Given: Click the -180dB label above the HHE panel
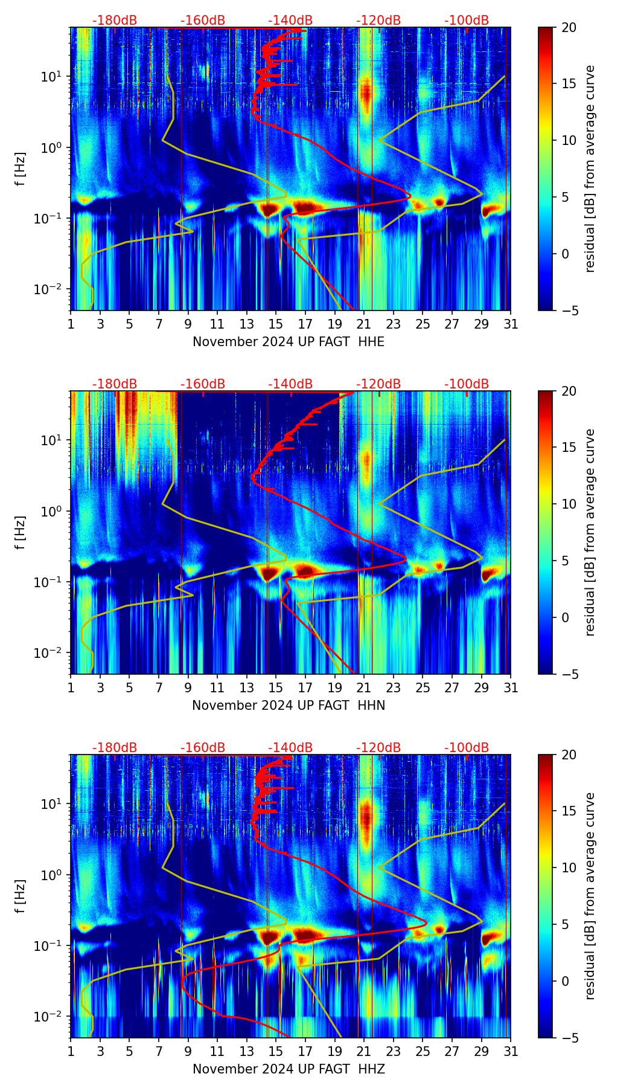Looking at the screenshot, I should pyautogui.click(x=115, y=21).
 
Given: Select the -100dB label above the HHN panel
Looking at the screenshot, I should pyautogui.click(x=467, y=384).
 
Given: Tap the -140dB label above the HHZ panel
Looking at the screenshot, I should pyautogui.click(x=290, y=748).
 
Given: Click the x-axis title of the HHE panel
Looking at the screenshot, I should pyautogui.click(x=289, y=342).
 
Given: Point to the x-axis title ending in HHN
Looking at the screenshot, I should pyautogui.click(x=289, y=706).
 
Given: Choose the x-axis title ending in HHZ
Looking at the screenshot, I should pyautogui.click(x=289, y=1069).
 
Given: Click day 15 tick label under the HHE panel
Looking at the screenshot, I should pyautogui.click(x=276, y=324).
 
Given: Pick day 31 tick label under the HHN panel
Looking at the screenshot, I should pyautogui.click(x=511, y=688).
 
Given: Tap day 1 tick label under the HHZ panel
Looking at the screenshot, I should pyautogui.click(x=71, y=1052).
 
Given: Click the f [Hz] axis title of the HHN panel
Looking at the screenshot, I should pyautogui.click(x=21, y=532).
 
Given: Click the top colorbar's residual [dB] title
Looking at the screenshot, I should pyautogui.click(x=590, y=169).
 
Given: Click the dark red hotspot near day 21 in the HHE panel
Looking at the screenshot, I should pyautogui.click(x=365, y=94).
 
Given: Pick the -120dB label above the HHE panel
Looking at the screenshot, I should pyautogui.click(x=378, y=21).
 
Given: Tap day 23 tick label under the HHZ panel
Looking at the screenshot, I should pyautogui.click(x=394, y=1052).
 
